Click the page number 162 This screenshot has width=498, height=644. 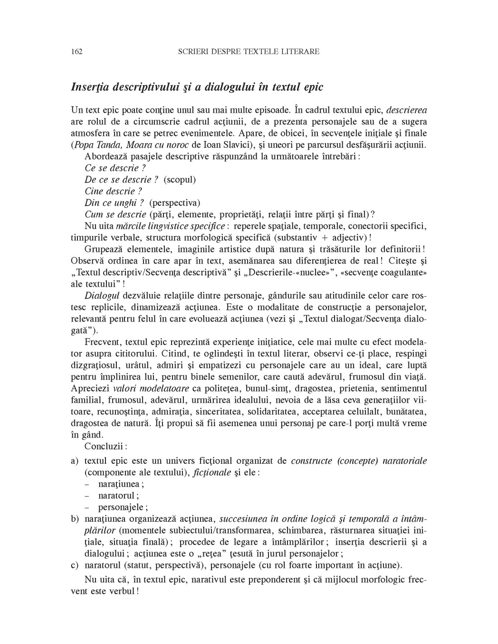tap(77, 52)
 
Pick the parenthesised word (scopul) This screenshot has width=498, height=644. tap(180, 180)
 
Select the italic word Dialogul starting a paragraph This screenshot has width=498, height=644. tap(99, 295)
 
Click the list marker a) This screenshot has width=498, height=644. tap(75, 461)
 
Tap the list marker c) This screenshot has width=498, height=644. tap(75, 565)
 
